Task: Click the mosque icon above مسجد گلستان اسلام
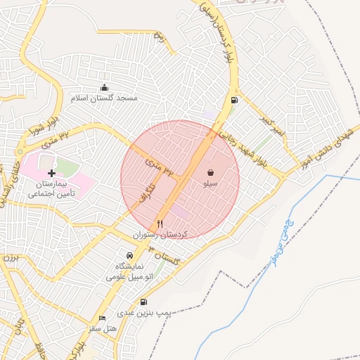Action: [105, 87]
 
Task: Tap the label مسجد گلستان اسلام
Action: [105, 98]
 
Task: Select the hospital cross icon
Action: [51, 172]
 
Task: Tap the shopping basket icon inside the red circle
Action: [210, 172]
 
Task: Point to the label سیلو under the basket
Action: [210, 184]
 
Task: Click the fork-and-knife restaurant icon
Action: [160, 224]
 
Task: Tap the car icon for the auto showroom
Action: [129, 255]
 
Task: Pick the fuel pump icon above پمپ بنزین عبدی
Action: [143, 302]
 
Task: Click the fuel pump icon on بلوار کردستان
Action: [233, 99]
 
